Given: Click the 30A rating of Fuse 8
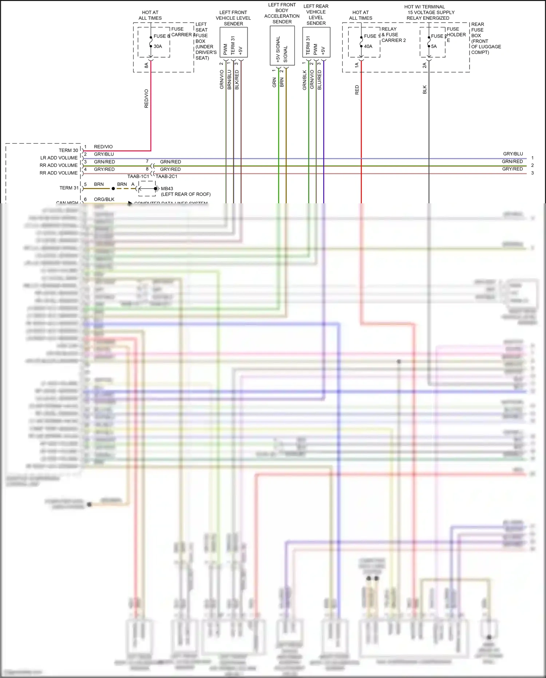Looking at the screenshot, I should coord(158,46).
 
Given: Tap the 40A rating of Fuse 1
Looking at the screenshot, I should coord(368,46).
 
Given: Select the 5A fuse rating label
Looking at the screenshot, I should coord(434,46).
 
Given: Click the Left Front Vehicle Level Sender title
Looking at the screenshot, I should coord(233,18).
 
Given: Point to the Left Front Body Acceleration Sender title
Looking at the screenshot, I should coord(282,13).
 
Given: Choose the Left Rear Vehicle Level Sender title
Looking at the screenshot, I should coord(316,15).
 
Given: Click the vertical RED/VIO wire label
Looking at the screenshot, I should coord(146,98).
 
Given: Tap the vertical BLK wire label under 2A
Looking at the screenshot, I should coord(424,90).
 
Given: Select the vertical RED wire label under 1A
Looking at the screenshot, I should coord(357,90).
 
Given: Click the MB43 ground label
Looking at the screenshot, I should coord(167,188).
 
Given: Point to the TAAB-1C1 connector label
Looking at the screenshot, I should coord(138,176).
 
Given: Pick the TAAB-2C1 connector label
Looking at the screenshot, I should coord(167,176).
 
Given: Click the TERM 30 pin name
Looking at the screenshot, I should coord(68,150).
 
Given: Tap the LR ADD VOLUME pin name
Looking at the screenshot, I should coord(59,158).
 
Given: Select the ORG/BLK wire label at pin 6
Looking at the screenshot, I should coord(104,199).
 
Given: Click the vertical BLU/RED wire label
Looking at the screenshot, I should coord(319,80).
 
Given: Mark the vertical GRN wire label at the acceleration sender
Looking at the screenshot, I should coord(274,82).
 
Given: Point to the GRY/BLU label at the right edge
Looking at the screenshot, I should coord(513,154).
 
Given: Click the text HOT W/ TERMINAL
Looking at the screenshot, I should coord(424,7).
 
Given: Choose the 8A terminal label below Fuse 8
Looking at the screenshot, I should coord(146,65).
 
